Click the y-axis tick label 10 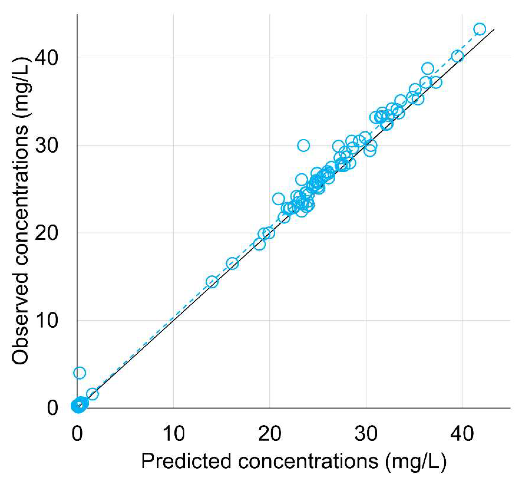click(x=46, y=320)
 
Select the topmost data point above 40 click(x=480, y=29)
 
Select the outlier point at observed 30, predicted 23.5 click(x=303, y=145)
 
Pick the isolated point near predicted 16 click(x=232, y=263)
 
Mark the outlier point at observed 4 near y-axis click(x=79, y=373)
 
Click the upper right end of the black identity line click(x=494, y=29)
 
